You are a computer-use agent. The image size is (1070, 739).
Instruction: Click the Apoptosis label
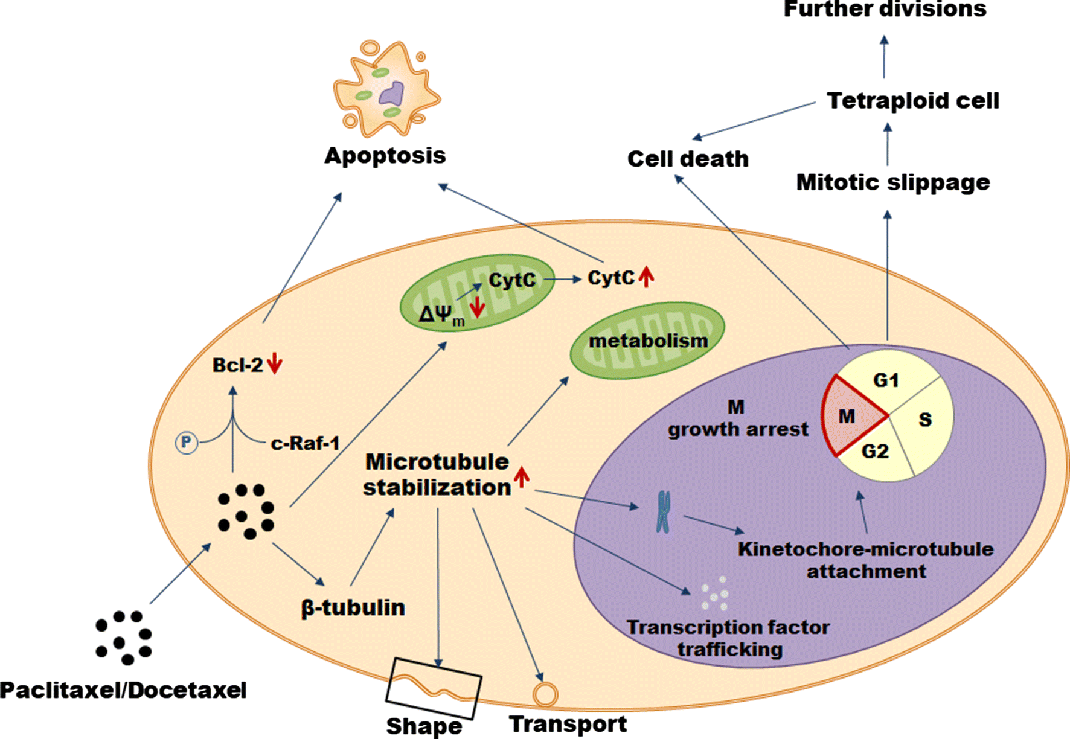[x=385, y=156]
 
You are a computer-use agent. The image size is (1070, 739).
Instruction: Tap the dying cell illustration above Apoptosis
[x=386, y=88]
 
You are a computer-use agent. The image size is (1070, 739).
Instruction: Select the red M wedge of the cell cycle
[x=848, y=416]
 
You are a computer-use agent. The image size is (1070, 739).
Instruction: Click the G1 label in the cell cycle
[x=886, y=380]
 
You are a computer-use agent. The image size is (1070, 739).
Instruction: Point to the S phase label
[x=925, y=420]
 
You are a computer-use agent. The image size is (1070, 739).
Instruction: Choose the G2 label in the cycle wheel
[x=875, y=451]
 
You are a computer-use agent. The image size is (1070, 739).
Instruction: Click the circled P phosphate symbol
[x=187, y=443]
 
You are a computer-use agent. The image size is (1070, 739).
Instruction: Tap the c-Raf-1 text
[x=305, y=444]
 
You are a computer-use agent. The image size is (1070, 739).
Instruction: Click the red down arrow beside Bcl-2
[x=275, y=365]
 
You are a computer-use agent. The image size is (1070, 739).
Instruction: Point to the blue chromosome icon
[x=663, y=512]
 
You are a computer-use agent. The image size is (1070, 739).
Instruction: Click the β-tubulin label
[x=353, y=607]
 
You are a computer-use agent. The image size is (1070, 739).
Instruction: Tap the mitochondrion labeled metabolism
[x=647, y=341]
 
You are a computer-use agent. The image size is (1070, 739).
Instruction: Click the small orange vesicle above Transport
[x=545, y=694]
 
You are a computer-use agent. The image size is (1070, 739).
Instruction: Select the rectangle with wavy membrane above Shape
[x=434, y=688]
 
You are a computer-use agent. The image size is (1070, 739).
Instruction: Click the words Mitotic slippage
[x=892, y=182]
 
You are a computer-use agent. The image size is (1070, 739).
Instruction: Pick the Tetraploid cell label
[x=912, y=101]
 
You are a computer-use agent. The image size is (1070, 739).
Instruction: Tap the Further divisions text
[x=885, y=10]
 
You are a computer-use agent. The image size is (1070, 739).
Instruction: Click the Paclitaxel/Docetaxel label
[x=123, y=690]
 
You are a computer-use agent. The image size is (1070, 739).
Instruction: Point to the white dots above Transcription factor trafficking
[x=715, y=593]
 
